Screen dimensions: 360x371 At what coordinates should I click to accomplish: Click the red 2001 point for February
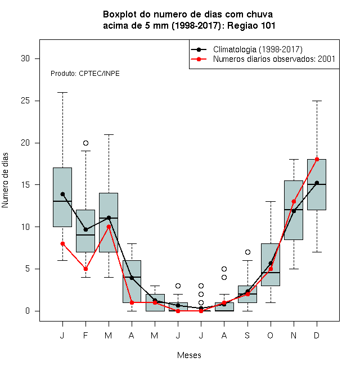click(x=85, y=269)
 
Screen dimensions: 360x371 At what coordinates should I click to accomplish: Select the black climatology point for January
click(x=62, y=194)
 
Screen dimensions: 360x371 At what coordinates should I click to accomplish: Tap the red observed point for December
click(x=317, y=160)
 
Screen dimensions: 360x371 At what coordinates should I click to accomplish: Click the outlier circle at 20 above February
click(x=85, y=143)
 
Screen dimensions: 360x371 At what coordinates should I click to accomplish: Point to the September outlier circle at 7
click(x=247, y=252)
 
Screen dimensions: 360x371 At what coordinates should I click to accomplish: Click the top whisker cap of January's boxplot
click(x=62, y=93)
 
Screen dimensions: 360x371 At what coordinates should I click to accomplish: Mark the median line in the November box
click(x=294, y=210)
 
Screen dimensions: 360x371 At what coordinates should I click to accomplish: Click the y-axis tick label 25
click(x=25, y=101)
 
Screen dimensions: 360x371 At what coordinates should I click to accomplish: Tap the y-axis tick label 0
click(x=28, y=311)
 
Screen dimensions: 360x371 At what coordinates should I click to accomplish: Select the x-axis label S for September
click(x=247, y=335)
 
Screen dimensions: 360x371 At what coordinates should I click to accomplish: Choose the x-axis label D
click(x=317, y=335)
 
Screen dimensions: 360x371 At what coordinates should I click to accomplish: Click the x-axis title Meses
click(x=189, y=355)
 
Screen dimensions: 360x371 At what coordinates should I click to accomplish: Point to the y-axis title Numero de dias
click(x=5, y=180)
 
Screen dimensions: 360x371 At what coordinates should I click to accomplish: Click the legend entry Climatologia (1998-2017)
click(x=258, y=49)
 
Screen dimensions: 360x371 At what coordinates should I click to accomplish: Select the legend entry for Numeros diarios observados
click(x=274, y=59)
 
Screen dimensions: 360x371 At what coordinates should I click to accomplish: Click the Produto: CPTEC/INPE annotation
click(x=85, y=74)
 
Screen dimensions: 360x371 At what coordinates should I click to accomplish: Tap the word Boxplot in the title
click(x=120, y=15)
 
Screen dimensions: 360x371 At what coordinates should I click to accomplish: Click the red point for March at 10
click(x=109, y=227)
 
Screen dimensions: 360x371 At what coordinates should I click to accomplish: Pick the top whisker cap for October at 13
click(x=271, y=202)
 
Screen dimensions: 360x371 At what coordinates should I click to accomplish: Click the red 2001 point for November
click(x=294, y=202)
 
